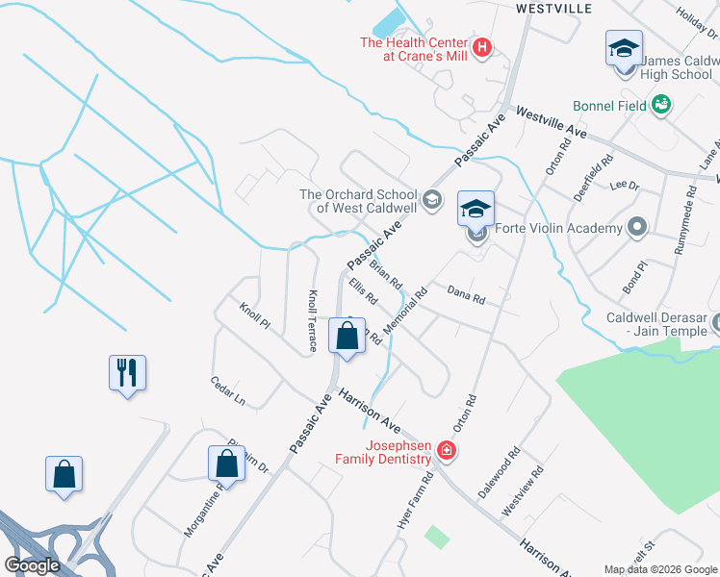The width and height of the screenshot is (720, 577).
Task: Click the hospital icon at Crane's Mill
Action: [483, 46]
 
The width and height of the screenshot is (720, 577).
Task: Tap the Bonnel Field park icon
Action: [661, 105]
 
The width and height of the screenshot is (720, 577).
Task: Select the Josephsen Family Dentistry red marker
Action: [446, 450]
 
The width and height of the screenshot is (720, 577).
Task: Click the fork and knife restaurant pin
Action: [127, 372]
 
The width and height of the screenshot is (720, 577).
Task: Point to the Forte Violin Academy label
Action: [558, 229]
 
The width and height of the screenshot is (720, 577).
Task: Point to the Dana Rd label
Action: [466, 293]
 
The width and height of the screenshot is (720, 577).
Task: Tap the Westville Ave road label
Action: [552, 120]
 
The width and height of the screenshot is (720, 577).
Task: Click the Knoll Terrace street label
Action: [312, 321]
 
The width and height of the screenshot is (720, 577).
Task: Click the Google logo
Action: [33, 565]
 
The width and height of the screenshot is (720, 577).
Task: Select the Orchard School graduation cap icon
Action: [432, 200]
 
